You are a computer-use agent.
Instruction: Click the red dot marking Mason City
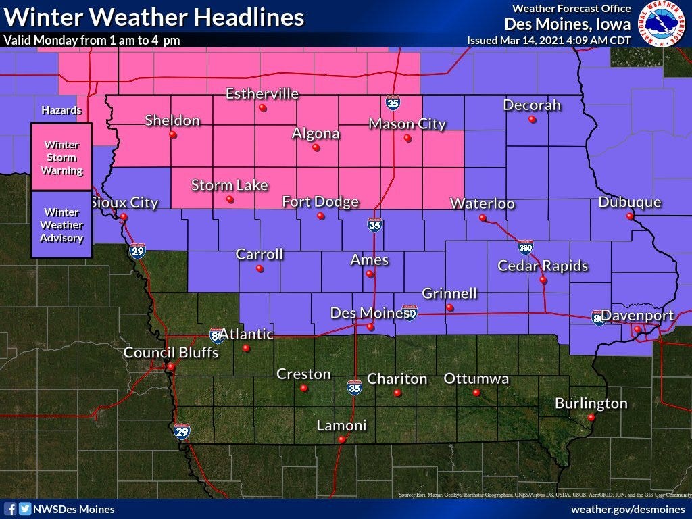pyautogui.click(x=407, y=139)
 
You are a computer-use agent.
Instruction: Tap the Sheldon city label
pyautogui.click(x=172, y=121)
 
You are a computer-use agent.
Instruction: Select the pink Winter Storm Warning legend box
pyautogui.click(x=61, y=157)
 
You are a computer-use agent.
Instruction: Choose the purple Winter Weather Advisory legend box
pyautogui.click(x=61, y=224)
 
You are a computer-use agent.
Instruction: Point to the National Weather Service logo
pyautogui.click(x=663, y=24)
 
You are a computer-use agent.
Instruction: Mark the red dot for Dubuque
pyautogui.click(x=630, y=217)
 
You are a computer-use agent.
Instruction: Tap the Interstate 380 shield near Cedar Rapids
pyautogui.click(x=525, y=247)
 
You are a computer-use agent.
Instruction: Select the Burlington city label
pyautogui.click(x=591, y=403)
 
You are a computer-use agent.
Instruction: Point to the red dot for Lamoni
pyautogui.click(x=342, y=439)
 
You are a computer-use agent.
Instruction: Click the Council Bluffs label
pyautogui.click(x=171, y=353)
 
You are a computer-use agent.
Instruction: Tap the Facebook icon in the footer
pyautogui.click(x=11, y=509)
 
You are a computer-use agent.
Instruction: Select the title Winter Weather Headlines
pyautogui.click(x=153, y=17)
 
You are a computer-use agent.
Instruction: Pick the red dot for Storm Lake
pyautogui.click(x=230, y=200)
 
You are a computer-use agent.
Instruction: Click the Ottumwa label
pyautogui.click(x=476, y=378)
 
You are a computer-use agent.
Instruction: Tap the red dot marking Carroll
pyautogui.click(x=259, y=268)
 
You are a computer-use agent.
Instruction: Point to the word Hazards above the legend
pyautogui.click(x=61, y=110)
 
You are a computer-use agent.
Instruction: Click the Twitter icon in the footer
pyautogui.click(x=25, y=509)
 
